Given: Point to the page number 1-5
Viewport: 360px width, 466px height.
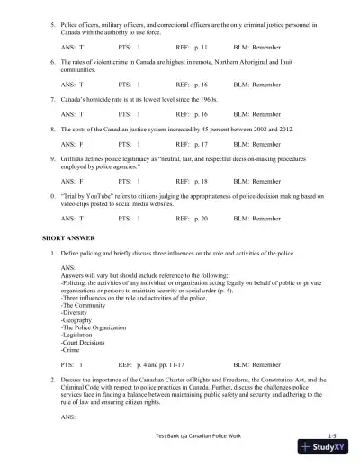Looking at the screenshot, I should pyautogui.click(x=331, y=435).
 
